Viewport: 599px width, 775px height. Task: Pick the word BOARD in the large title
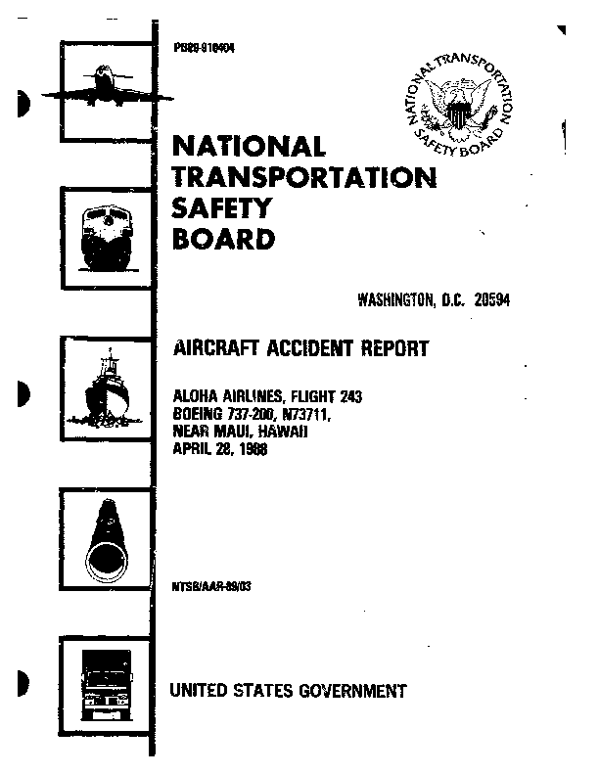tap(223, 239)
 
